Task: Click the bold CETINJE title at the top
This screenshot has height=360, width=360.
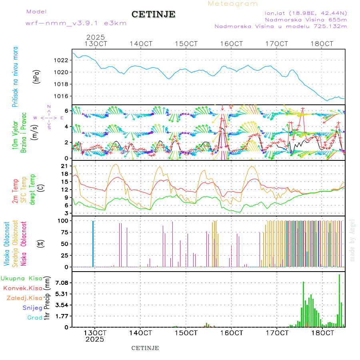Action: click(x=153, y=14)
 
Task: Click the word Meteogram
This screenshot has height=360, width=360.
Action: click(x=233, y=4)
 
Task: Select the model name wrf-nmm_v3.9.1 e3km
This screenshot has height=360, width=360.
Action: click(x=76, y=23)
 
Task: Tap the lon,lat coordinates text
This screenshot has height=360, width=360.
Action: click(x=306, y=13)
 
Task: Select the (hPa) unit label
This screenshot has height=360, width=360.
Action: click(x=37, y=76)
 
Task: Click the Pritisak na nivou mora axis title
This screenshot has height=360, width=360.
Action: click(x=15, y=77)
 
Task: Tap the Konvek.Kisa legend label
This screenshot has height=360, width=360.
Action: click(x=22, y=288)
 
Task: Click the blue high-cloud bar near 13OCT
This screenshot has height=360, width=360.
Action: click(x=93, y=243)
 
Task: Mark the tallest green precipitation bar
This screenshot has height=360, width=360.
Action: click(x=339, y=300)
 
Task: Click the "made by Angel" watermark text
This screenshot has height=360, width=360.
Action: click(x=352, y=240)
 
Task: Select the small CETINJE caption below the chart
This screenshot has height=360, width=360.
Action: click(x=145, y=348)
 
